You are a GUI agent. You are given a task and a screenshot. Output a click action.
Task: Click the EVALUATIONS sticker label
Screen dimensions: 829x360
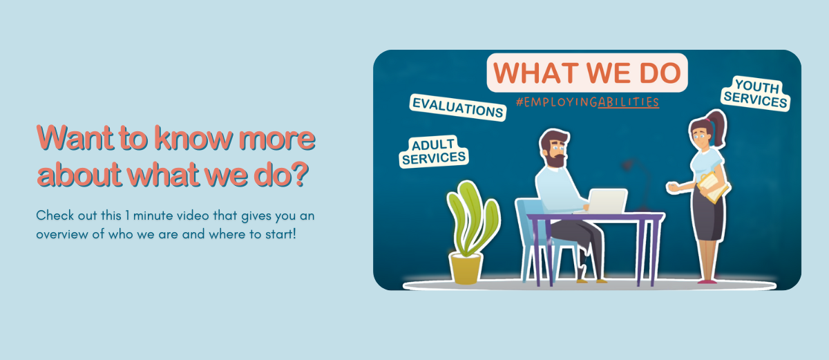[458, 107]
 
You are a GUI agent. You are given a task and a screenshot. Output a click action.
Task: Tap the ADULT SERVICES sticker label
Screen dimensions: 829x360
[434, 152]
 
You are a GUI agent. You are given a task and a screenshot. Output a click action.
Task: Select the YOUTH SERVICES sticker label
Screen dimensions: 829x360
[756, 93]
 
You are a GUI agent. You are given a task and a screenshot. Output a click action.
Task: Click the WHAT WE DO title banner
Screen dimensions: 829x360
[587, 73]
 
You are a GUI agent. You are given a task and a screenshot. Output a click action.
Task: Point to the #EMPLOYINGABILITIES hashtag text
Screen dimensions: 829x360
[588, 102]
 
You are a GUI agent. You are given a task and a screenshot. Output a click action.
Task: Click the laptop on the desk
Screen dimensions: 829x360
[605, 201]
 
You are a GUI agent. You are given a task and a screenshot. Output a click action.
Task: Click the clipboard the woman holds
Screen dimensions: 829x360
[713, 187]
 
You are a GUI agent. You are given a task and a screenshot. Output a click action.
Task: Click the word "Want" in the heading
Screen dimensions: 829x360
[75, 138]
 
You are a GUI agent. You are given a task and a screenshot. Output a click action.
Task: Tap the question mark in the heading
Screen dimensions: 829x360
[300, 173]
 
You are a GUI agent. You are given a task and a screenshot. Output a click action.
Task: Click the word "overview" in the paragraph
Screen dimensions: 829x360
[64, 234]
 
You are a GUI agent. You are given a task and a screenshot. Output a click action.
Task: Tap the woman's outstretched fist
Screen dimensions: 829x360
[671, 187]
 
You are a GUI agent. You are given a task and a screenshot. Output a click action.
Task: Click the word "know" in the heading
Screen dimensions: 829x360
[193, 138]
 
